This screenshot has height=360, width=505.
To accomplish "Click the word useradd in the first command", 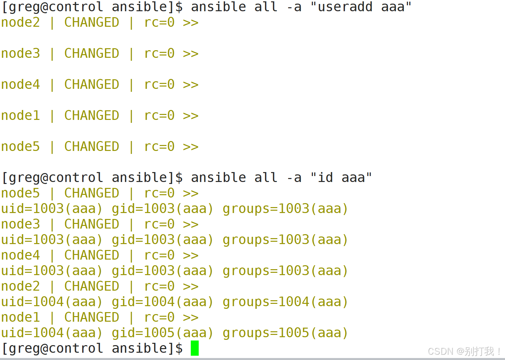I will tap(345, 7).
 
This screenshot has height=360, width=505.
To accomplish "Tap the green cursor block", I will tap(195, 348).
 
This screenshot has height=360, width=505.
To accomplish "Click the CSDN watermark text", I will tap(464, 351).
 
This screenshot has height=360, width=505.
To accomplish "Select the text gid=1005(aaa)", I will tap(162, 333).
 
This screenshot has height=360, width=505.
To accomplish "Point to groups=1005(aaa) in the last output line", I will tap(285, 333).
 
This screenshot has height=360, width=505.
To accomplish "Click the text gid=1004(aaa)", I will tap(162, 302).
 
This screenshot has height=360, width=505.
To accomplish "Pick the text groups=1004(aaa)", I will tap(285, 302).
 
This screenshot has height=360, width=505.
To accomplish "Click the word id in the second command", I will tap(325, 178).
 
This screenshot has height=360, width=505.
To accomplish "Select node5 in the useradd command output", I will tap(20, 147).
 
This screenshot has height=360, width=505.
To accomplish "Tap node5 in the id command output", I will tap(20, 193).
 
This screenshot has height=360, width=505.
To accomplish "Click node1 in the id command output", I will tap(20, 317).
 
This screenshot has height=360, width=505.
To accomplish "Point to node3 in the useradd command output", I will tap(20, 54).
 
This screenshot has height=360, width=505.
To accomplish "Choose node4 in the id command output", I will tap(20, 255).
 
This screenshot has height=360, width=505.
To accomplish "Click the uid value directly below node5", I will tap(51, 209).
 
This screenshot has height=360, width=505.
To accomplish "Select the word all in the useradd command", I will tap(266, 7).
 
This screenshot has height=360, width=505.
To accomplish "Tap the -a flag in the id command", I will tap(294, 178).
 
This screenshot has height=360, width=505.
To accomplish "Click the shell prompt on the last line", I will tap(92, 348).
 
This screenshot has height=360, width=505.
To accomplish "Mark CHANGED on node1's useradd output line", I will tap(91, 116).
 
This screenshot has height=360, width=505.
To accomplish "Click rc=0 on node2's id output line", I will tap(159, 286).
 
